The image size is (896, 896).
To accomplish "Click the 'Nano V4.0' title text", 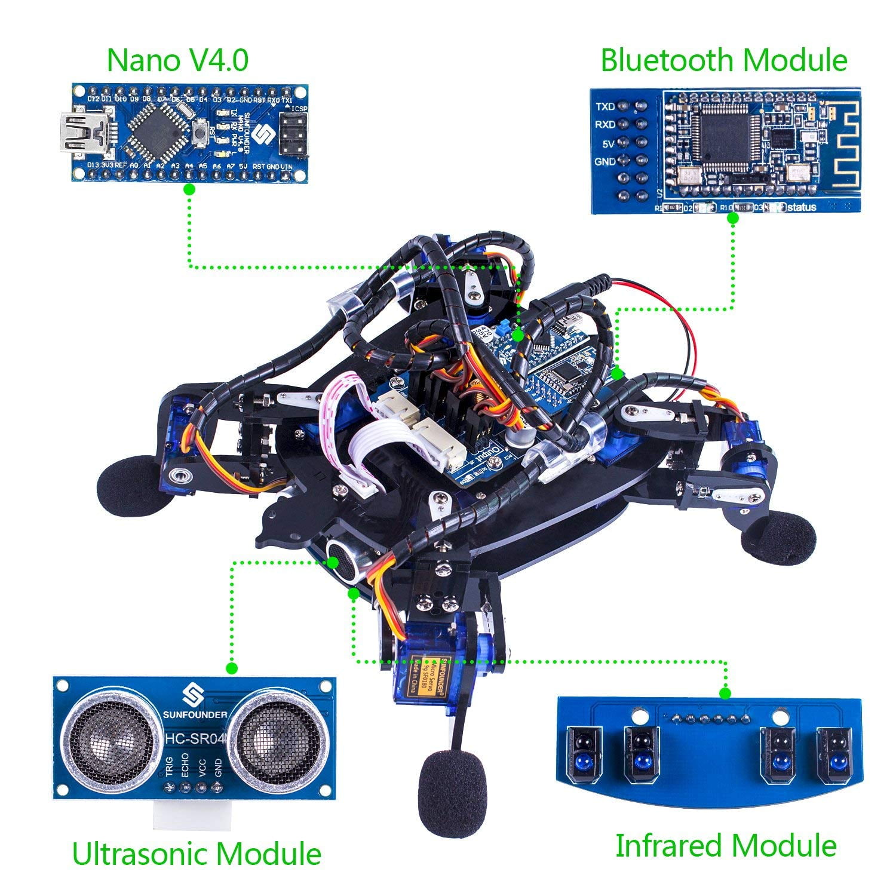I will (x=177, y=60).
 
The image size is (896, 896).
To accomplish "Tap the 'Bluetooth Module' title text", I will (x=723, y=60).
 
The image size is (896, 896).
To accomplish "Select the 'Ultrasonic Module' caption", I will (x=197, y=854).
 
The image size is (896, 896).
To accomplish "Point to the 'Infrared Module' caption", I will (x=725, y=846).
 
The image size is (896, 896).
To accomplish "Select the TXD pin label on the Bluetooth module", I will (x=605, y=107).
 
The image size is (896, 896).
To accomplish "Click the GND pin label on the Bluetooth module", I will (x=605, y=161).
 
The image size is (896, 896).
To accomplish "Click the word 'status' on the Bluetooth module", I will (x=802, y=207).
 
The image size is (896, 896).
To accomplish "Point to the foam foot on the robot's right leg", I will (x=778, y=539).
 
